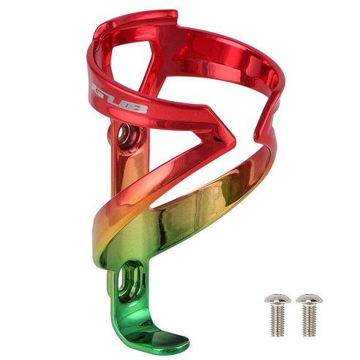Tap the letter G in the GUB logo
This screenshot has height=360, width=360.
100,90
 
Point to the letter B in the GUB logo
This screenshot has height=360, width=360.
138,108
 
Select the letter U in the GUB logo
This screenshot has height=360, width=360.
119,100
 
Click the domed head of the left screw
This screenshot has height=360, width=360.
277,299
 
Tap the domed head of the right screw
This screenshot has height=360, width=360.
310,299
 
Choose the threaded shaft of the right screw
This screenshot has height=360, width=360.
310,320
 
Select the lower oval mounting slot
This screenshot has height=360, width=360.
130,280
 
